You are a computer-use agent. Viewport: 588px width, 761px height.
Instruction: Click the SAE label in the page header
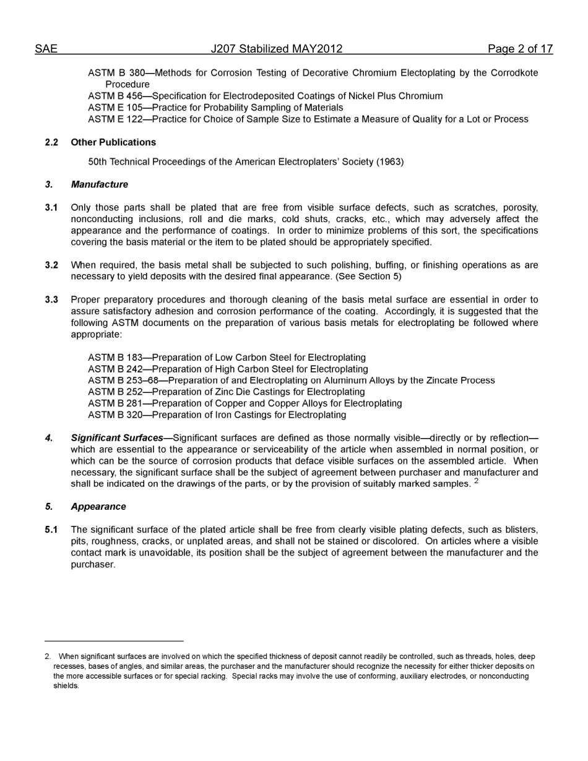click(x=46, y=49)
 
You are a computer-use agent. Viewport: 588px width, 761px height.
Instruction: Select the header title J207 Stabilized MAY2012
click(x=276, y=49)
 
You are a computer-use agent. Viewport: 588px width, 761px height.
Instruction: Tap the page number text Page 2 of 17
click(x=520, y=49)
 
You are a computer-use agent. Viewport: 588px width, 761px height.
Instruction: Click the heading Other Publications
click(x=113, y=142)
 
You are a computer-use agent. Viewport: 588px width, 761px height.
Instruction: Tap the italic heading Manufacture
click(x=99, y=184)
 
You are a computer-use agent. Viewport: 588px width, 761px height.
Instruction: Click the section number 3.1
click(x=51, y=208)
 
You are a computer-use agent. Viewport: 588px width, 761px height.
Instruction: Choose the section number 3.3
click(x=51, y=300)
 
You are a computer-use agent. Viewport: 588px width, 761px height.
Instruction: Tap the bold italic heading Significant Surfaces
click(x=117, y=438)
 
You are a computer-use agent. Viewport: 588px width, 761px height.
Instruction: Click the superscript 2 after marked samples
click(x=477, y=481)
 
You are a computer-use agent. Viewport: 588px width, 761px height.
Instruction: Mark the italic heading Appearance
click(x=98, y=507)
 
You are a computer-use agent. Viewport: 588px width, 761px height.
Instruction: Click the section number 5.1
click(x=51, y=530)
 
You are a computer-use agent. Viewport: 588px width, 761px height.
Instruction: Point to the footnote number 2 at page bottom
click(x=47, y=656)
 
